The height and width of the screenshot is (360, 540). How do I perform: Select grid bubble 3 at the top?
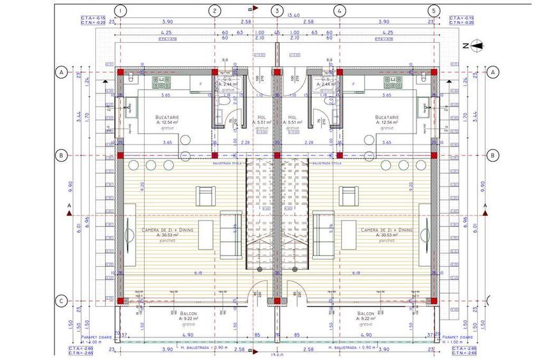pyautogui.click(x=276, y=11)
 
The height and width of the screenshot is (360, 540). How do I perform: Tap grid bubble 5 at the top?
pyautogui.click(x=434, y=11)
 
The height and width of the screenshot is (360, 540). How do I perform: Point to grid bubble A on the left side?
pyautogui.click(x=63, y=72)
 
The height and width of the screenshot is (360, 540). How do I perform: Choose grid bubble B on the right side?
pyautogui.click(x=493, y=155)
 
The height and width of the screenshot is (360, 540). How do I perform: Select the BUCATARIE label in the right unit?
pyautogui.click(x=387, y=118)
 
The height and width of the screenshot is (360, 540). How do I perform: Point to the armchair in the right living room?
pyautogui.click(x=349, y=194)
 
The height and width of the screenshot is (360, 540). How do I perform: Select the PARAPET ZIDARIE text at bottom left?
pyautogui.click(x=99, y=336)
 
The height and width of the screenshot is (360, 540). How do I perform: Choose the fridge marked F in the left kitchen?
pyautogui.click(x=200, y=83)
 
